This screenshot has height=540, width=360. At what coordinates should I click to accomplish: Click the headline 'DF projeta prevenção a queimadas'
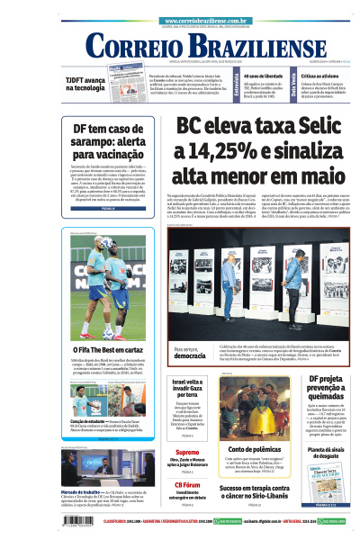[321, 391]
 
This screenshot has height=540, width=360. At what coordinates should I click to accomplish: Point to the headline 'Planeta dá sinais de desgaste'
[321, 454]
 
